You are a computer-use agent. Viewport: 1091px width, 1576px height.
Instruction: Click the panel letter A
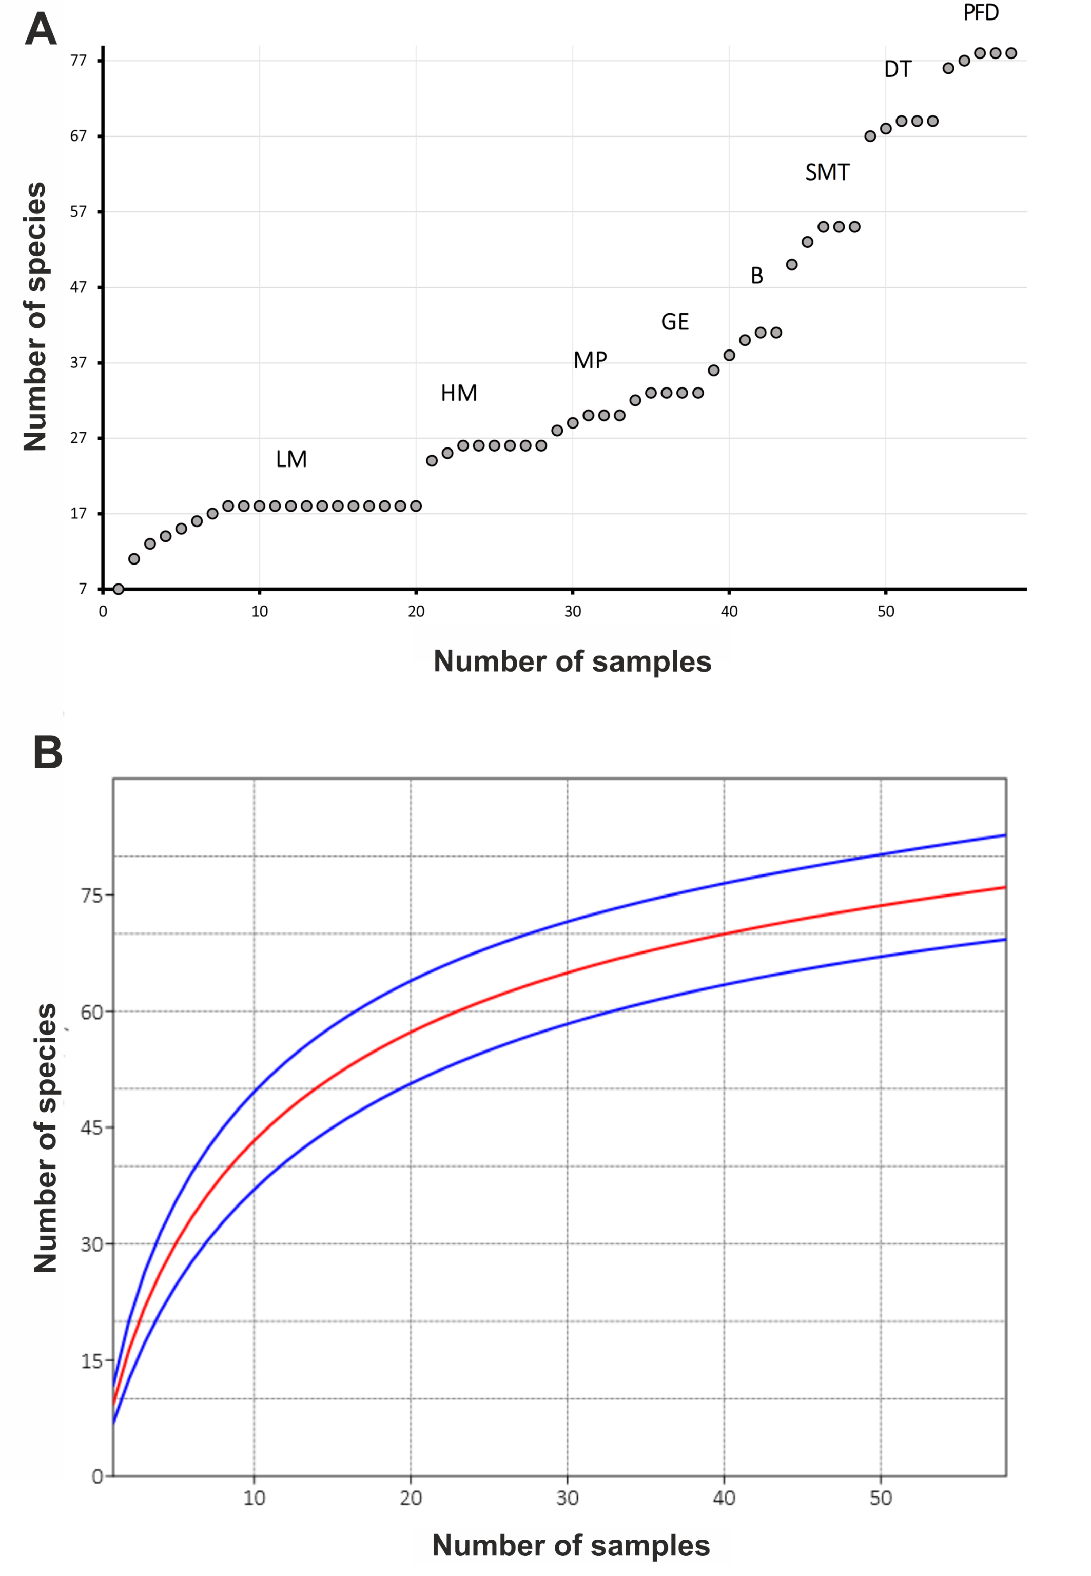tap(41, 30)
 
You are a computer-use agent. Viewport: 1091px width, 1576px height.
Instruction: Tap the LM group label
tap(291, 459)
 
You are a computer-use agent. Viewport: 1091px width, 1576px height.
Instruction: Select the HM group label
tap(459, 393)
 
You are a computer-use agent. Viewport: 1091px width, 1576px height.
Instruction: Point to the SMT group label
tap(827, 172)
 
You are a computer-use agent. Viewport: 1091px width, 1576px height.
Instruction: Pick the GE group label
tap(675, 322)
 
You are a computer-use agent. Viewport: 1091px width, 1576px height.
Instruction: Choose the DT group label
tap(898, 69)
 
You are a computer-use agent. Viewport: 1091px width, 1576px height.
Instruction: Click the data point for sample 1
tap(118, 589)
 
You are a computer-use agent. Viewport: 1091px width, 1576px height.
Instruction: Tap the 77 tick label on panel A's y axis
tap(79, 61)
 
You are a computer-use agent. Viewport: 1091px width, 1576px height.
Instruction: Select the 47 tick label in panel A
tap(79, 287)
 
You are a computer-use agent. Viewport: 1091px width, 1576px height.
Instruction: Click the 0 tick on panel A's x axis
tap(103, 612)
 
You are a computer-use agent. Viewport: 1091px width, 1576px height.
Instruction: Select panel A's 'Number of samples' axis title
tap(572, 661)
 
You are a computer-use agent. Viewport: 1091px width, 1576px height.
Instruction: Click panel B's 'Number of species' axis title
tap(45, 1138)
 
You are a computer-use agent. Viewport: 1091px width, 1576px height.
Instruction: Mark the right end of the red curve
tap(1005, 887)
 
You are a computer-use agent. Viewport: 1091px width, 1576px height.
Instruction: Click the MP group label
tap(590, 360)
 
